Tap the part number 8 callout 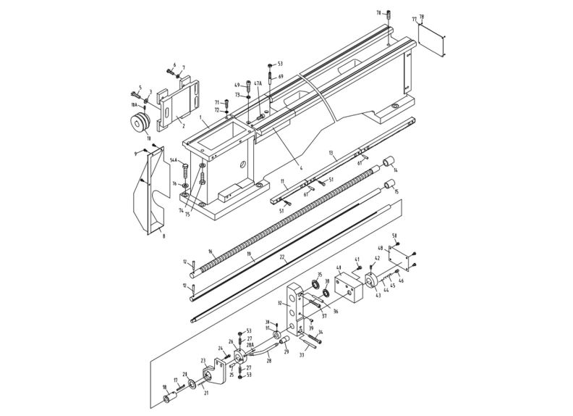tap(164, 236)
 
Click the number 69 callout tap(280, 76)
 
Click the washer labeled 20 tap(192, 383)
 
